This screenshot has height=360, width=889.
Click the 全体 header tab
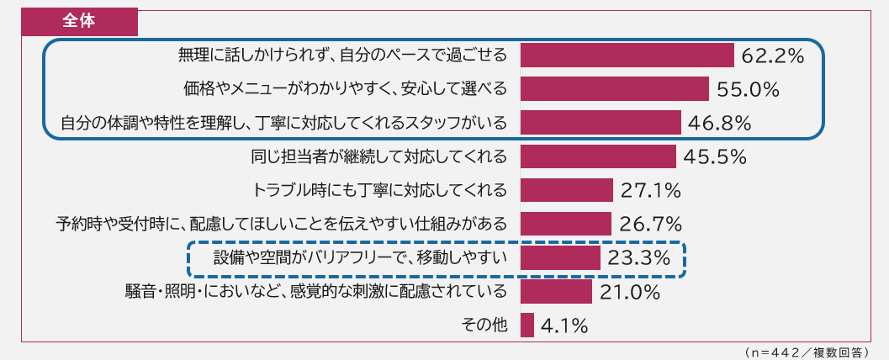[80, 21]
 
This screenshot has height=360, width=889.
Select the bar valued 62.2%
[627, 56]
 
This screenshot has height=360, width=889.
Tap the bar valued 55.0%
[615, 89]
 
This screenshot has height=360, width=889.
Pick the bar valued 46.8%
[601, 123]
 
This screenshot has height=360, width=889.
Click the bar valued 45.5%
[598, 156]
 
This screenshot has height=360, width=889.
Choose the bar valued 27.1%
[567, 190]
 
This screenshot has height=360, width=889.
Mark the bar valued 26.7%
[566, 224]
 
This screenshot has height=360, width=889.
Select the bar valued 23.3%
[560, 257]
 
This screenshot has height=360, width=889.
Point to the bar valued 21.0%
[556, 291]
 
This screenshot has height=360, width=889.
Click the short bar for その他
[527, 325]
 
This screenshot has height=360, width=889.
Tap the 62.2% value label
[773, 56]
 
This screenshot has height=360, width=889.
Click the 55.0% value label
[749, 90]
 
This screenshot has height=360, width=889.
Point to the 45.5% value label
[715, 157]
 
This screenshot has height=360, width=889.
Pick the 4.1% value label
[564, 326]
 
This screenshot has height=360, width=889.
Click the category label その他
[485, 325]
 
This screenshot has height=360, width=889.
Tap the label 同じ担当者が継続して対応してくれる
[379, 156]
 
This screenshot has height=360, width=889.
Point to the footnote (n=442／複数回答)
[807, 351]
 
